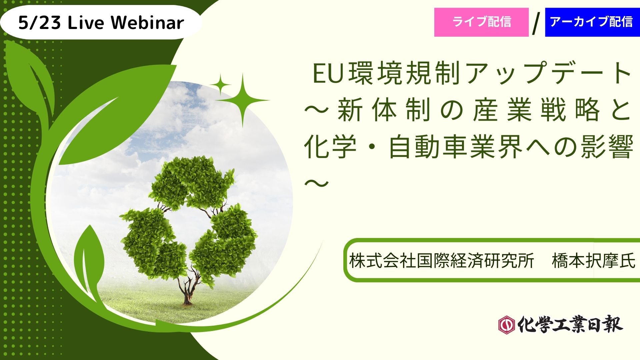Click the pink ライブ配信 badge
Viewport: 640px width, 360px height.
[x=481, y=22]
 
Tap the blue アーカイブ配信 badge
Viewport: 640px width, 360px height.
[x=592, y=22]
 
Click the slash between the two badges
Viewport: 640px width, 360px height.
[x=536, y=24]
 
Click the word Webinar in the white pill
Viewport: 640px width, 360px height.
[x=147, y=23]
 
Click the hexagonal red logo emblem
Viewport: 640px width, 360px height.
[x=506, y=324]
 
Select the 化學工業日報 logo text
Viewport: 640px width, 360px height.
[x=570, y=324]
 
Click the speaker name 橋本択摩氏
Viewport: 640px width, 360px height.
[x=594, y=261]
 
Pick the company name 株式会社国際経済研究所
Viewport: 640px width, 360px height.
[x=442, y=261]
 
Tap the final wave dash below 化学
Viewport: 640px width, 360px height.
[x=317, y=182]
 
